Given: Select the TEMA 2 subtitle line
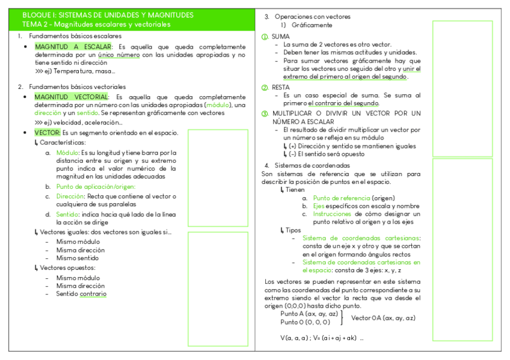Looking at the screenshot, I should [x=96, y=25].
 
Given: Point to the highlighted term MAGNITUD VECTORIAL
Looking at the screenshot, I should [x=71, y=97].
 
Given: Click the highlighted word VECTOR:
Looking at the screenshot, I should [x=47, y=132].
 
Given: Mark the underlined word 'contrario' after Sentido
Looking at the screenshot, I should [x=93, y=294].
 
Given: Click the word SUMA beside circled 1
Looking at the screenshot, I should [x=280, y=37].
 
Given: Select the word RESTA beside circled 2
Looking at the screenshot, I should [x=281, y=87].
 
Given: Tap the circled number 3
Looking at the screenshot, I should [x=265, y=114].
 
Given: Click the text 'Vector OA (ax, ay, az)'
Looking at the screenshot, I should [x=383, y=318].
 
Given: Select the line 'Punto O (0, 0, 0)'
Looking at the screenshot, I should [x=305, y=322].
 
